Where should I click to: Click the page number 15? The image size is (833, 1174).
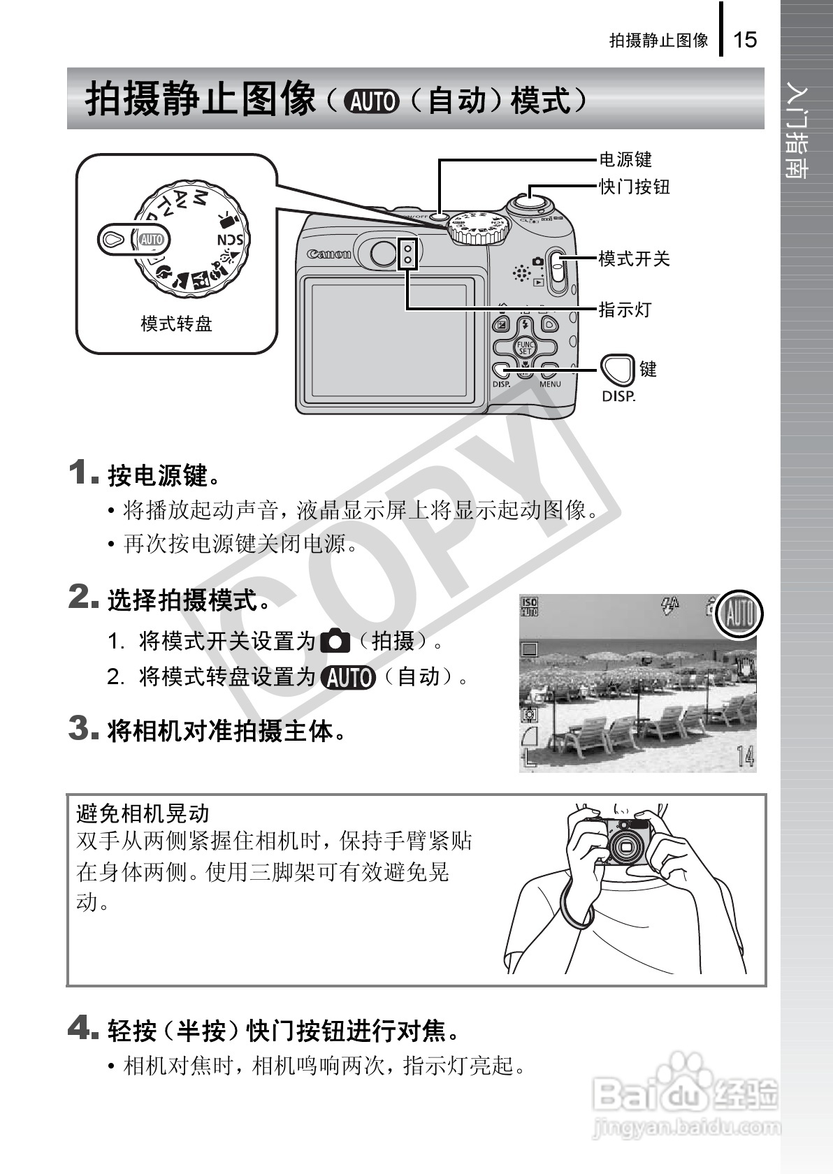coord(745,39)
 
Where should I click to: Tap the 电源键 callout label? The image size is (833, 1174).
coord(625,159)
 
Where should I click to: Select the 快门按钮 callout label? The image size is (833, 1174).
coord(634,187)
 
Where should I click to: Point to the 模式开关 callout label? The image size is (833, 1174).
coord(634,259)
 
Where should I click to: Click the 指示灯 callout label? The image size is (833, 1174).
coord(625,310)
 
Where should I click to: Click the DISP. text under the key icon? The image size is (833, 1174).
coord(618,396)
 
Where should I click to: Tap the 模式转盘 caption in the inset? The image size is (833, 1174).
coord(176,324)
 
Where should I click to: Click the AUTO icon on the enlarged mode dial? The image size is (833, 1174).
coord(151,240)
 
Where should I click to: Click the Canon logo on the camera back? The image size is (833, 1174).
coord(329,254)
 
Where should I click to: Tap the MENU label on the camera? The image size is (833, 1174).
coord(550,384)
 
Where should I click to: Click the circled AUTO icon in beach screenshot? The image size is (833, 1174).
coord(740,615)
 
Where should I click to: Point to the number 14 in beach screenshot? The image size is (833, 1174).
coord(746,756)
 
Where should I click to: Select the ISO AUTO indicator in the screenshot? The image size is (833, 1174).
coord(529,606)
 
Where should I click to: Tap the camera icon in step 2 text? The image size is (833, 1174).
coord(335,640)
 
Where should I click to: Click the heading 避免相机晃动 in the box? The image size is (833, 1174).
coord(143,813)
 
